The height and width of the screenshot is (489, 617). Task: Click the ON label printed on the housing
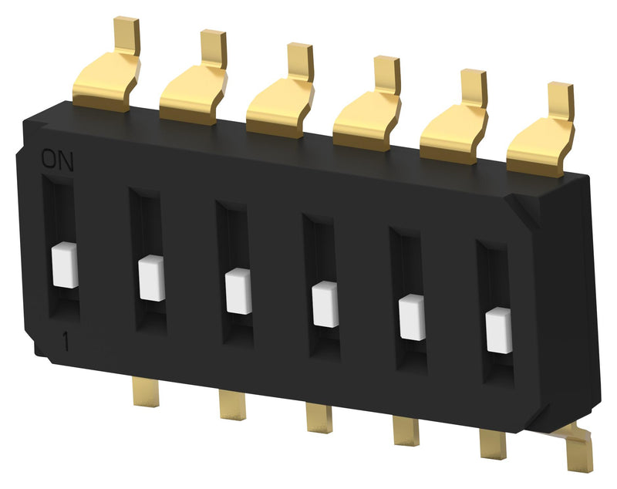click(56, 160)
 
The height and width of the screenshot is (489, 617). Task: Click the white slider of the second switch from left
click(152, 278)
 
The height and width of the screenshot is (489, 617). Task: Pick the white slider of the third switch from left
click(238, 291)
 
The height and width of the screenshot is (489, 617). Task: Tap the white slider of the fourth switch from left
click(325, 304)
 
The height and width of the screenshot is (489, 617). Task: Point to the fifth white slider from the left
click(412, 317)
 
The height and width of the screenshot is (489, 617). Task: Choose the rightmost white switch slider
click(499, 330)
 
